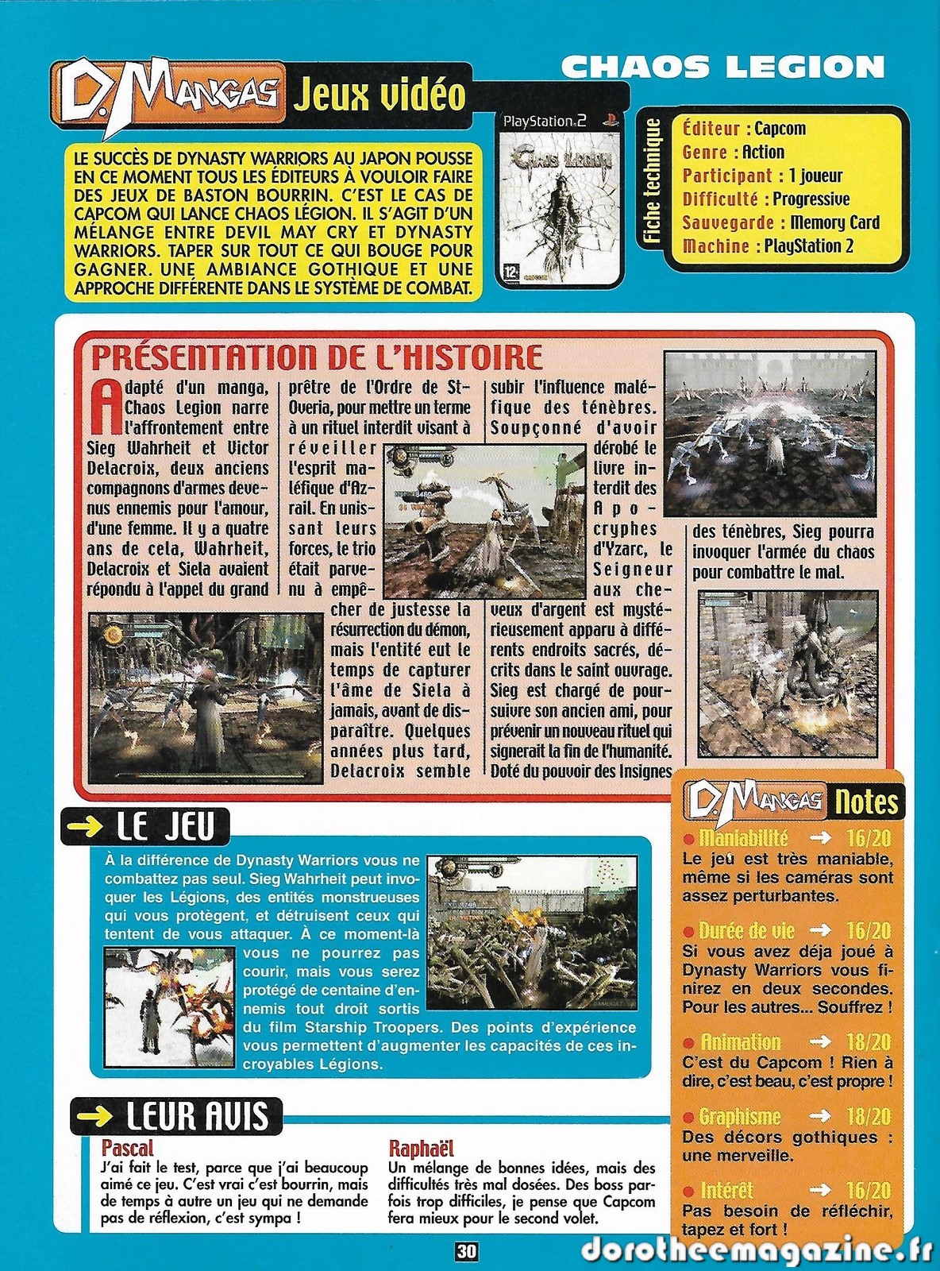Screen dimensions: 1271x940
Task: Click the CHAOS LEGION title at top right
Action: pyautogui.click(x=722, y=67)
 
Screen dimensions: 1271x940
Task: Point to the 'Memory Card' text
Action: pyautogui.click(x=835, y=222)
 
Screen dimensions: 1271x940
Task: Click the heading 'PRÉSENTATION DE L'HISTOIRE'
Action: pyautogui.click(x=317, y=357)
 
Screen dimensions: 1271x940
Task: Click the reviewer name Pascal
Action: pyautogui.click(x=127, y=1148)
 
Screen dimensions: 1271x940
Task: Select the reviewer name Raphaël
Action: pyautogui.click(x=421, y=1148)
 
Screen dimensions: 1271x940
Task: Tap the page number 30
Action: pyautogui.click(x=467, y=1251)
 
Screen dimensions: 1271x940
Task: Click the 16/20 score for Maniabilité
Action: pyautogui.click(x=869, y=838)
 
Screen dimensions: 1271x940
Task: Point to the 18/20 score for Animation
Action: pyautogui.click(x=869, y=1042)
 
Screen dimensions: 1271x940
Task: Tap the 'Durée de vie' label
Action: pyautogui.click(x=745, y=931)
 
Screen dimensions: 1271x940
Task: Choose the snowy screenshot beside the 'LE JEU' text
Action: pyautogui.click(x=169, y=1006)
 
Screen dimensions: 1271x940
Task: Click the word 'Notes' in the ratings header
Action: pyautogui.click(x=865, y=802)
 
